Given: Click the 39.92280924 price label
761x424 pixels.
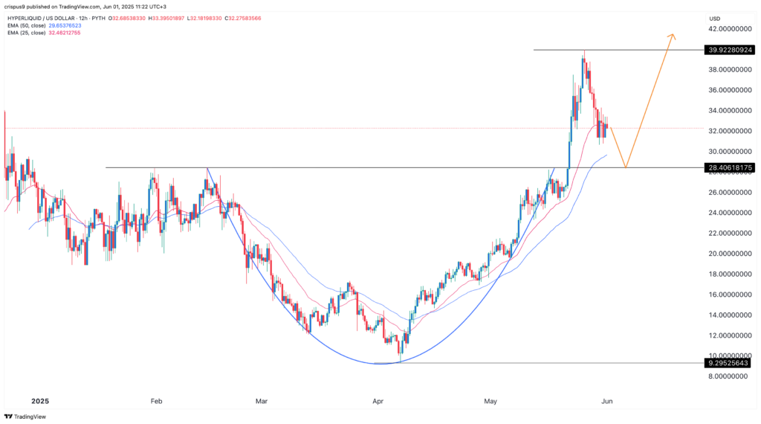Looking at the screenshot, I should pos(730,50).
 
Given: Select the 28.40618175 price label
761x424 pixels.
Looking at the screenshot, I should pos(730,168).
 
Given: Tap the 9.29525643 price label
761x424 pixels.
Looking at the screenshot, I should pos(730,363).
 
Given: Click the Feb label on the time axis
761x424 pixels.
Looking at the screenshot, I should pos(156,401).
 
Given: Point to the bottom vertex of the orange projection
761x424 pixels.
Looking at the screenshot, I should pos(626,167).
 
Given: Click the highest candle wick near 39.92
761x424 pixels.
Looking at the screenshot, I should pos(584,52).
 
